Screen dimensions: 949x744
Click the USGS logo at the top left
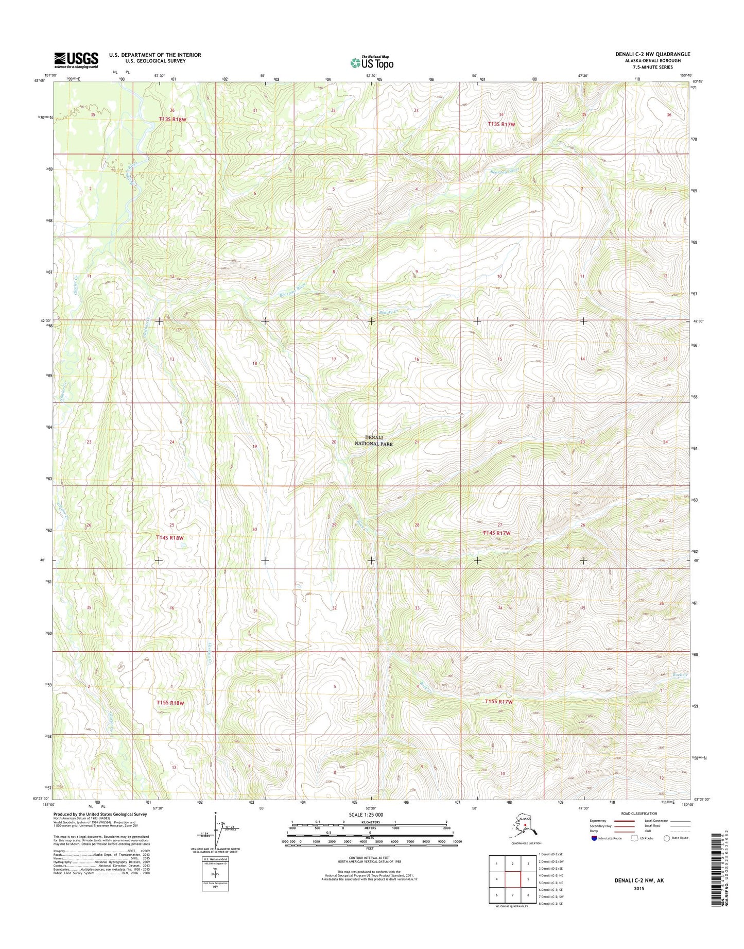click(x=76, y=60)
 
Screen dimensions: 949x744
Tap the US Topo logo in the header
click(x=372, y=62)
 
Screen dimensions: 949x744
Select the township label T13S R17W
click(x=501, y=124)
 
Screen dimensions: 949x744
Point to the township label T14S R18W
click(x=169, y=538)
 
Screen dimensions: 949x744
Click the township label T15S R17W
click(x=499, y=702)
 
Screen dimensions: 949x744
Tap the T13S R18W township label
click(x=172, y=119)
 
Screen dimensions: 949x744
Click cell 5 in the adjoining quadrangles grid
click(x=528, y=879)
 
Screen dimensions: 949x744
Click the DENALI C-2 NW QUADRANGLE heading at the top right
click(x=652, y=54)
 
